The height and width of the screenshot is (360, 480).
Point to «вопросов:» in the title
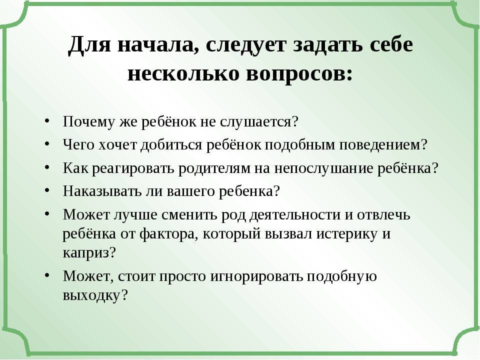point(299,73)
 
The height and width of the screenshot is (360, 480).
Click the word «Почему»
point(86,122)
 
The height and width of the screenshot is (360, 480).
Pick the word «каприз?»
point(89,252)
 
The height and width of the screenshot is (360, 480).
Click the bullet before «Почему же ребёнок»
point(46,122)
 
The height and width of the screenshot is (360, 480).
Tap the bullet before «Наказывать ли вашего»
point(46,191)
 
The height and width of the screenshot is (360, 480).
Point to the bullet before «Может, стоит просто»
point(46,276)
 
